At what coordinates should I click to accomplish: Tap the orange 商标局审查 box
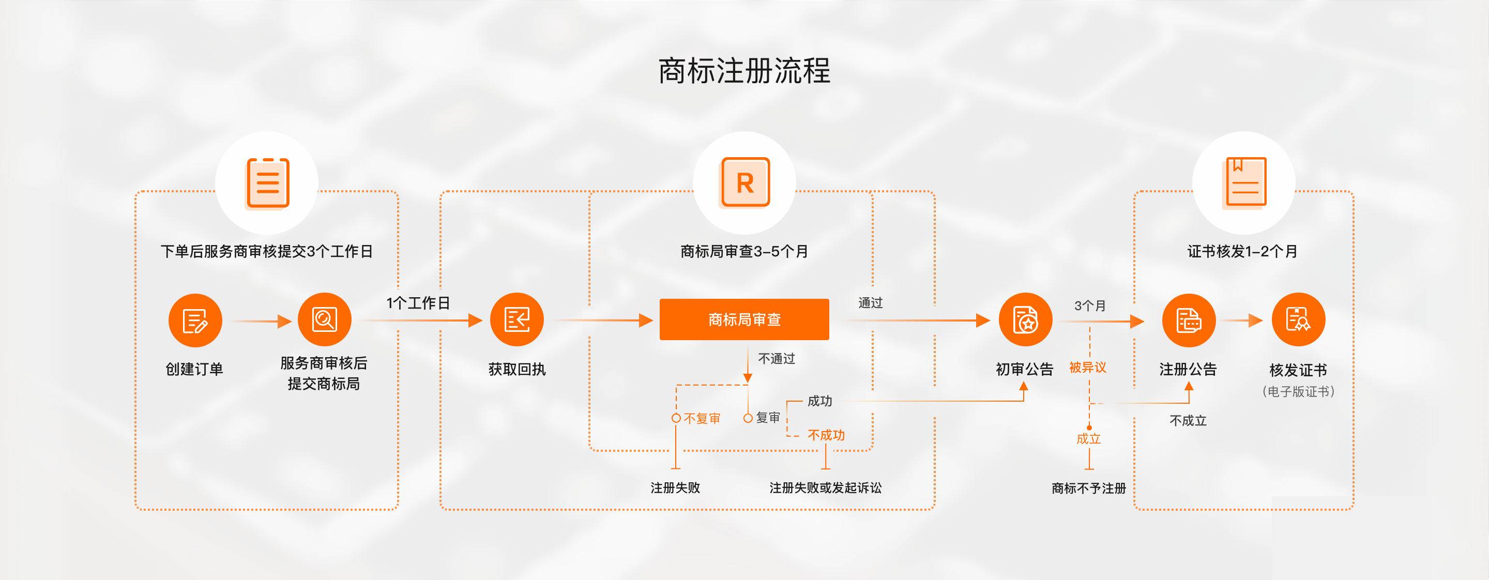(x=744, y=319)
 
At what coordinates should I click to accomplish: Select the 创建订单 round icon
(x=195, y=320)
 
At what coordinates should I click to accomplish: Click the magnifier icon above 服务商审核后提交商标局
(x=324, y=319)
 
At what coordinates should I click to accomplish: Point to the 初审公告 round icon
(x=1025, y=319)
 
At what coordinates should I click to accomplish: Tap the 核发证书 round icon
(x=1298, y=319)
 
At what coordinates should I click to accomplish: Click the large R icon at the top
(x=744, y=182)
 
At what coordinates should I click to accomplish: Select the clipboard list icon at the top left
(x=267, y=182)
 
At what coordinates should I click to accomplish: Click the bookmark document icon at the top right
(x=1244, y=182)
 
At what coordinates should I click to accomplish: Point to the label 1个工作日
(x=418, y=303)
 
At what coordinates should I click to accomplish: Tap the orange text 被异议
(x=1087, y=368)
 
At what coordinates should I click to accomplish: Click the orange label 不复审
(x=702, y=418)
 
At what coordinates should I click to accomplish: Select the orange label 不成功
(x=826, y=435)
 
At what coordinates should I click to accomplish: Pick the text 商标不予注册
(x=1088, y=488)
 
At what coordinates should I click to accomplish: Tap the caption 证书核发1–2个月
(x=1242, y=252)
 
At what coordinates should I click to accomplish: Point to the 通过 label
(x=870, y=303)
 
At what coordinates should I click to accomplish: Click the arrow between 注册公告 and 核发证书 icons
(x=1243, y=320)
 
